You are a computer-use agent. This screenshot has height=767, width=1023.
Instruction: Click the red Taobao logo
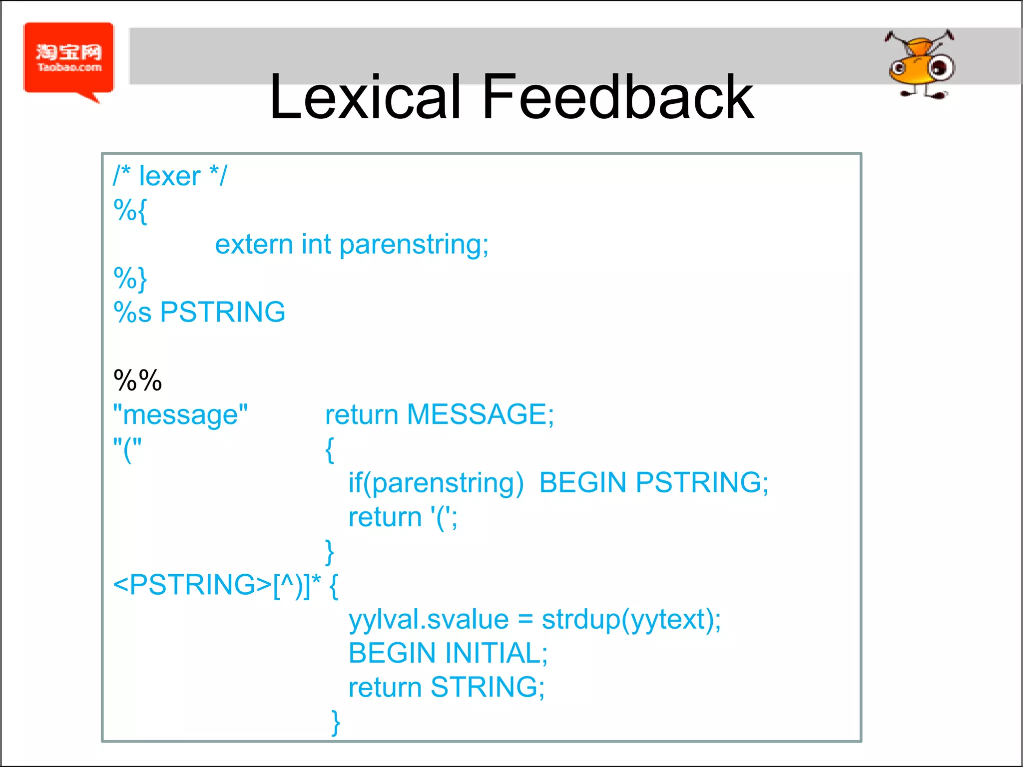coord(69,59)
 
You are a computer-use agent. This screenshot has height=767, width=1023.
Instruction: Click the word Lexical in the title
coord(365,97)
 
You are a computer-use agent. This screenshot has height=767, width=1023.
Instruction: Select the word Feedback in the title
coord(617,97)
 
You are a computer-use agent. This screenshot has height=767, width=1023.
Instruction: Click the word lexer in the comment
coord(169,176)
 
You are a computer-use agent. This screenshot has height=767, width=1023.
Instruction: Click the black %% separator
coord(138,381)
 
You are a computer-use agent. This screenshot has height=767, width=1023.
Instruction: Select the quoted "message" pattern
coord(180,414)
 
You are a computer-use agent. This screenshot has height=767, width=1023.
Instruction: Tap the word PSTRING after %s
coord(223,312)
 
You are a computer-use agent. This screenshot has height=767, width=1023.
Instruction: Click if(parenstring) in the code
coord(436,483)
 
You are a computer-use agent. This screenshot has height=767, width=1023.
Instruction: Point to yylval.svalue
coord(429,620)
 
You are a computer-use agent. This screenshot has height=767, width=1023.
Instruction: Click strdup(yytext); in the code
coord(631,620)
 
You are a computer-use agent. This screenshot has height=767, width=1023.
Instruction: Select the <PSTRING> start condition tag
coord(192,585)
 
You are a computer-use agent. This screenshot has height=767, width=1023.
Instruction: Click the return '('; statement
coord(403,517)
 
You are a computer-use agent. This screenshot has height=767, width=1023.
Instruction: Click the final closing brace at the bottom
coord(336,722)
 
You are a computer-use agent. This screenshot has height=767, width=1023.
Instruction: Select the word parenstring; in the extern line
coord(414,245)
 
